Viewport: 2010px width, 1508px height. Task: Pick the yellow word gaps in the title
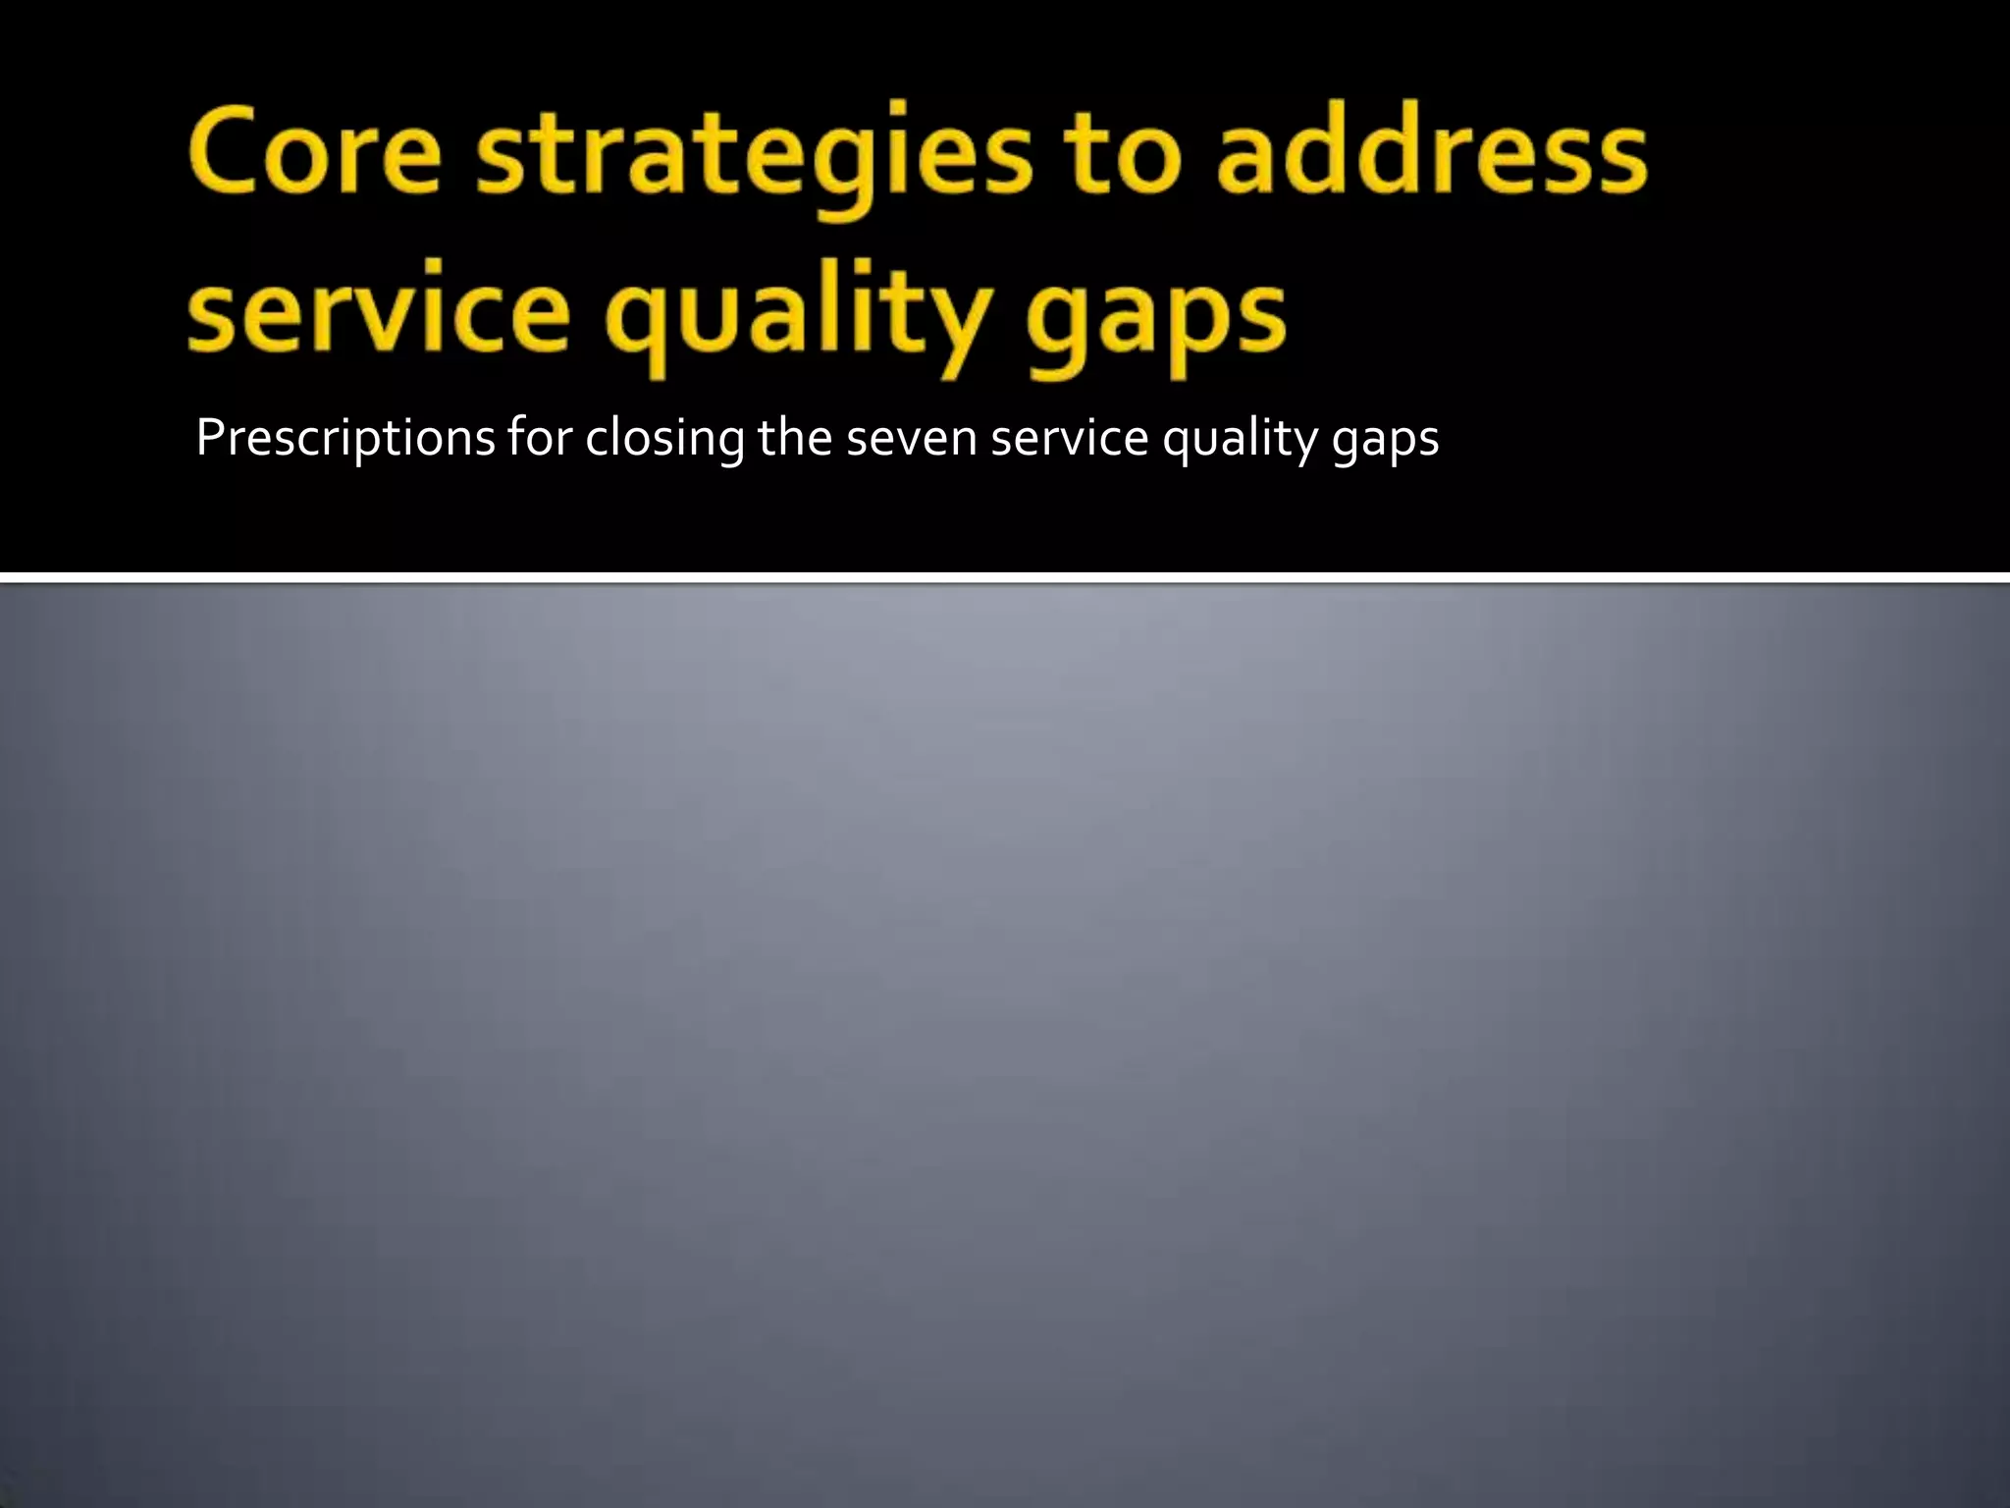pos(1156,319)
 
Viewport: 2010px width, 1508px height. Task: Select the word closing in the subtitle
pos(664,439)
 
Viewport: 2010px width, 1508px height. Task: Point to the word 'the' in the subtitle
pos(795,437)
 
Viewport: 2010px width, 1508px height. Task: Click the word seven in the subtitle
pos(912,439)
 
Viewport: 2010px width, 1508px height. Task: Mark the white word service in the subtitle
pos(1070,438)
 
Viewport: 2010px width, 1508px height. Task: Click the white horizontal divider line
pos(1005,577)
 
